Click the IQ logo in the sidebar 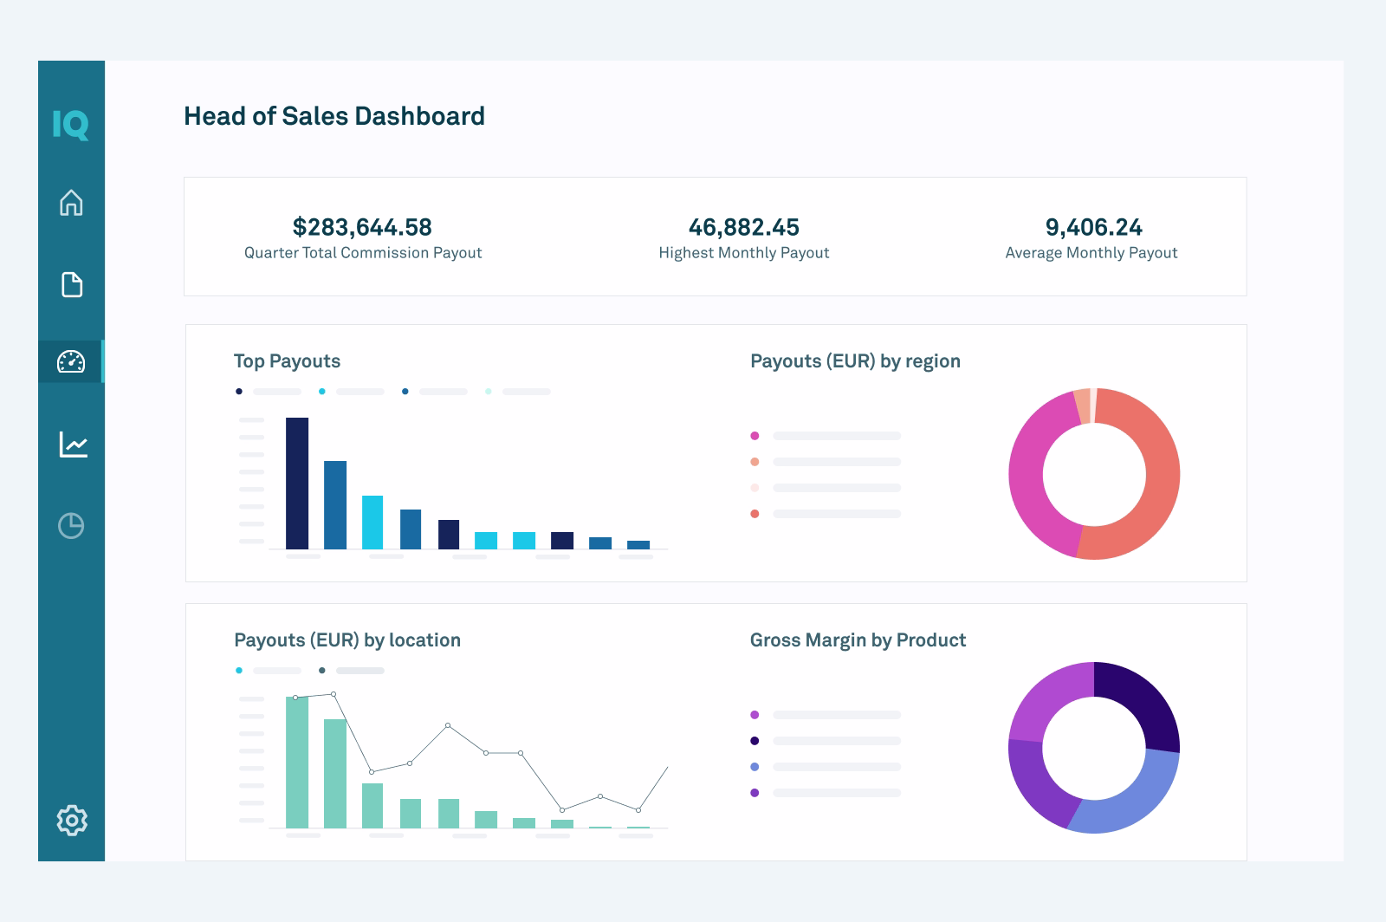pyautogui.click(x=70, y=125)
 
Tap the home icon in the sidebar pyautogui.click(x=71, y=203)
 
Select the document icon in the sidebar pyautogui.click(x=72, y=284)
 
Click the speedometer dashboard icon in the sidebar pyautogui.click(x=71, y=361)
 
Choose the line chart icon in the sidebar pyautogui.click(x=73, y=445)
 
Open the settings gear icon pyautogui.click(x=72, y=820)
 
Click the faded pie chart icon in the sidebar pyautogui.click(x=71, y=525)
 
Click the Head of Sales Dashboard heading pyautogui.click(x=334, y=116)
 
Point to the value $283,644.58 pyautogui.click(x=362, y=227)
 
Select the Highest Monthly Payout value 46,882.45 pyautogui.click(x=743, y=227)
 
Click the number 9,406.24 pyautogui.click(x=1093, y=227)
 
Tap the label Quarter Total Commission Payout pyautogui.click(x=363, y=253)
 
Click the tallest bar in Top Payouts pyautogui.click(x=297, y=483)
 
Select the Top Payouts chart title pyautogui.click(x=287, y=361)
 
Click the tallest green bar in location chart pyautogui.click(x=297, y=763)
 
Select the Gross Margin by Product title pyautogui.click(x=858, y=640)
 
